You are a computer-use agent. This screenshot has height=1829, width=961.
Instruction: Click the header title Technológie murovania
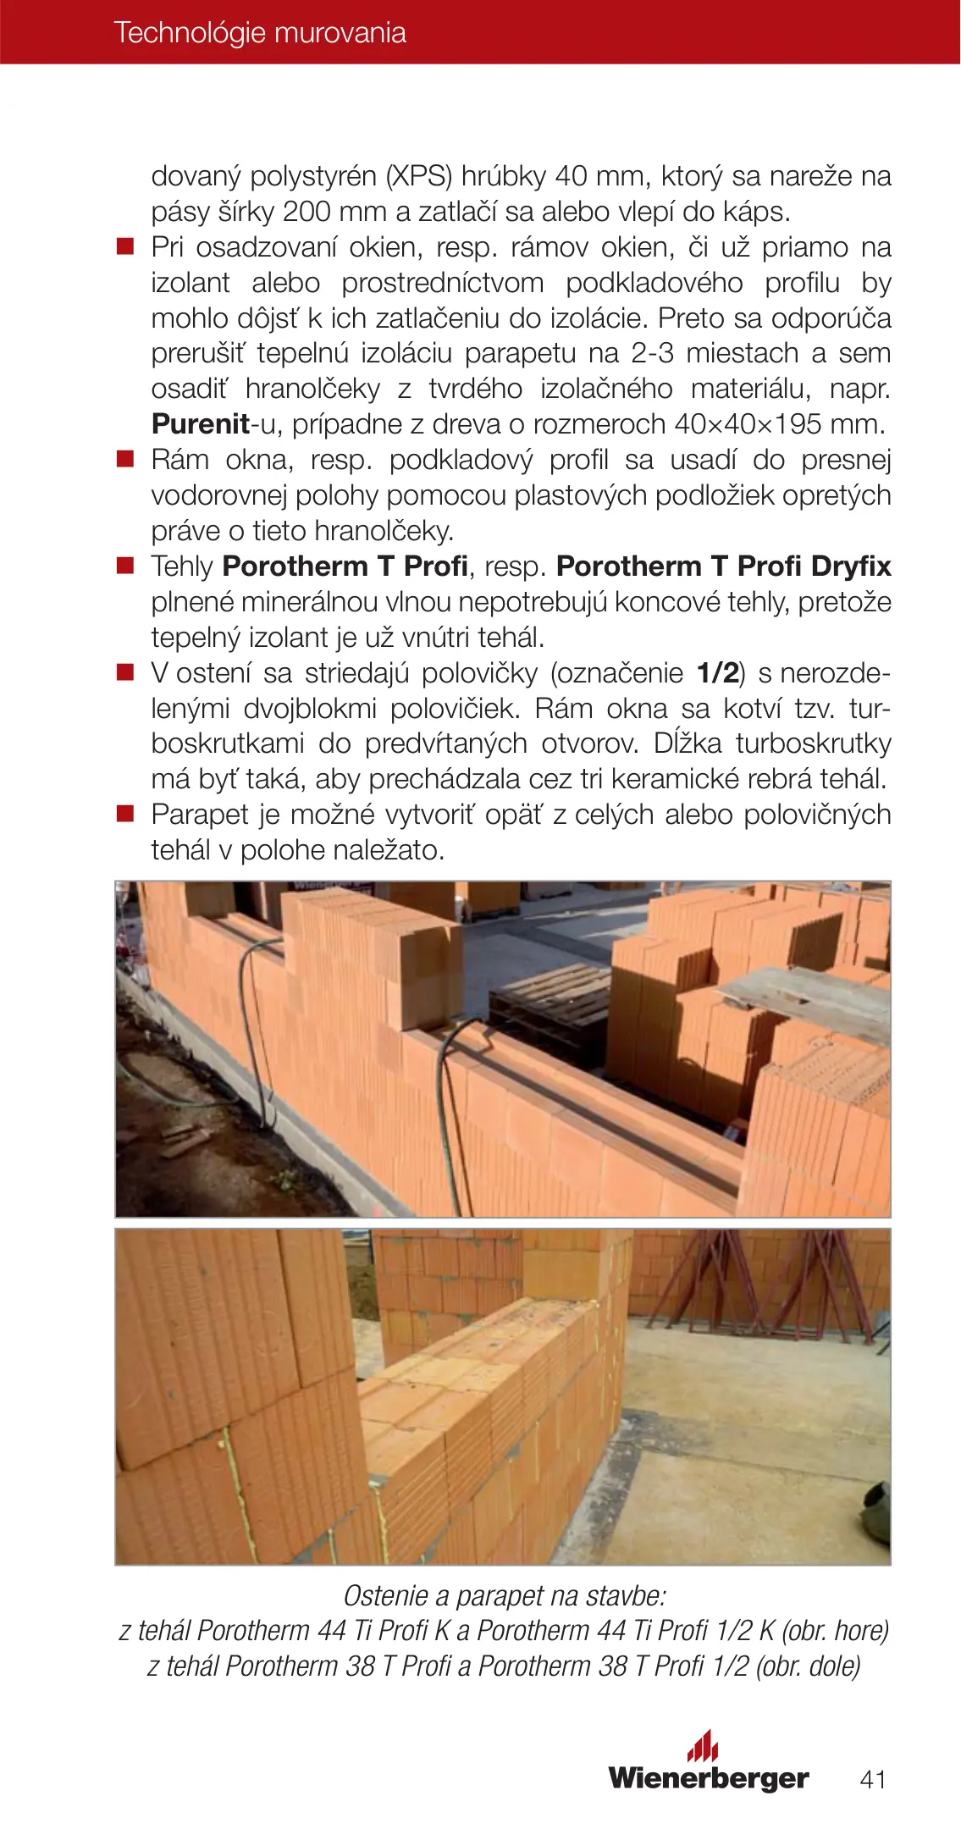pos(260,32)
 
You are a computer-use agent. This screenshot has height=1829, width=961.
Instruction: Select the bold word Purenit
pos(201,423)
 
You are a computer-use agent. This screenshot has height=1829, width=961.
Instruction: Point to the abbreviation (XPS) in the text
pos(421,176)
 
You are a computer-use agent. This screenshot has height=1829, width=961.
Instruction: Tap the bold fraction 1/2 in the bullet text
pos(718,672)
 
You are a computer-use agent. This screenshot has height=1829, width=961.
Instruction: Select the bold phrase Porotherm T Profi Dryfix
pos(724,566)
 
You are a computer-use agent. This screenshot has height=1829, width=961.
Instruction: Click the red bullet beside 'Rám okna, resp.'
pos(125,460)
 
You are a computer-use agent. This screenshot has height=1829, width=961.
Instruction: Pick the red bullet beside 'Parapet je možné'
pos(125,815)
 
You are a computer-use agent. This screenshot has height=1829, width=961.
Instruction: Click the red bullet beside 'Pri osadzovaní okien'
pos(125,247)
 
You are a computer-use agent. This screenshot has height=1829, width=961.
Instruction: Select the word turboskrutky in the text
pos(813,743)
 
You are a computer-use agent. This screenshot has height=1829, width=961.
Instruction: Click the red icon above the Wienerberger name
pos(702,1746)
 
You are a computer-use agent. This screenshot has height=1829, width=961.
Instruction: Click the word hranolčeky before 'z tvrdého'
pos(312,389)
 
